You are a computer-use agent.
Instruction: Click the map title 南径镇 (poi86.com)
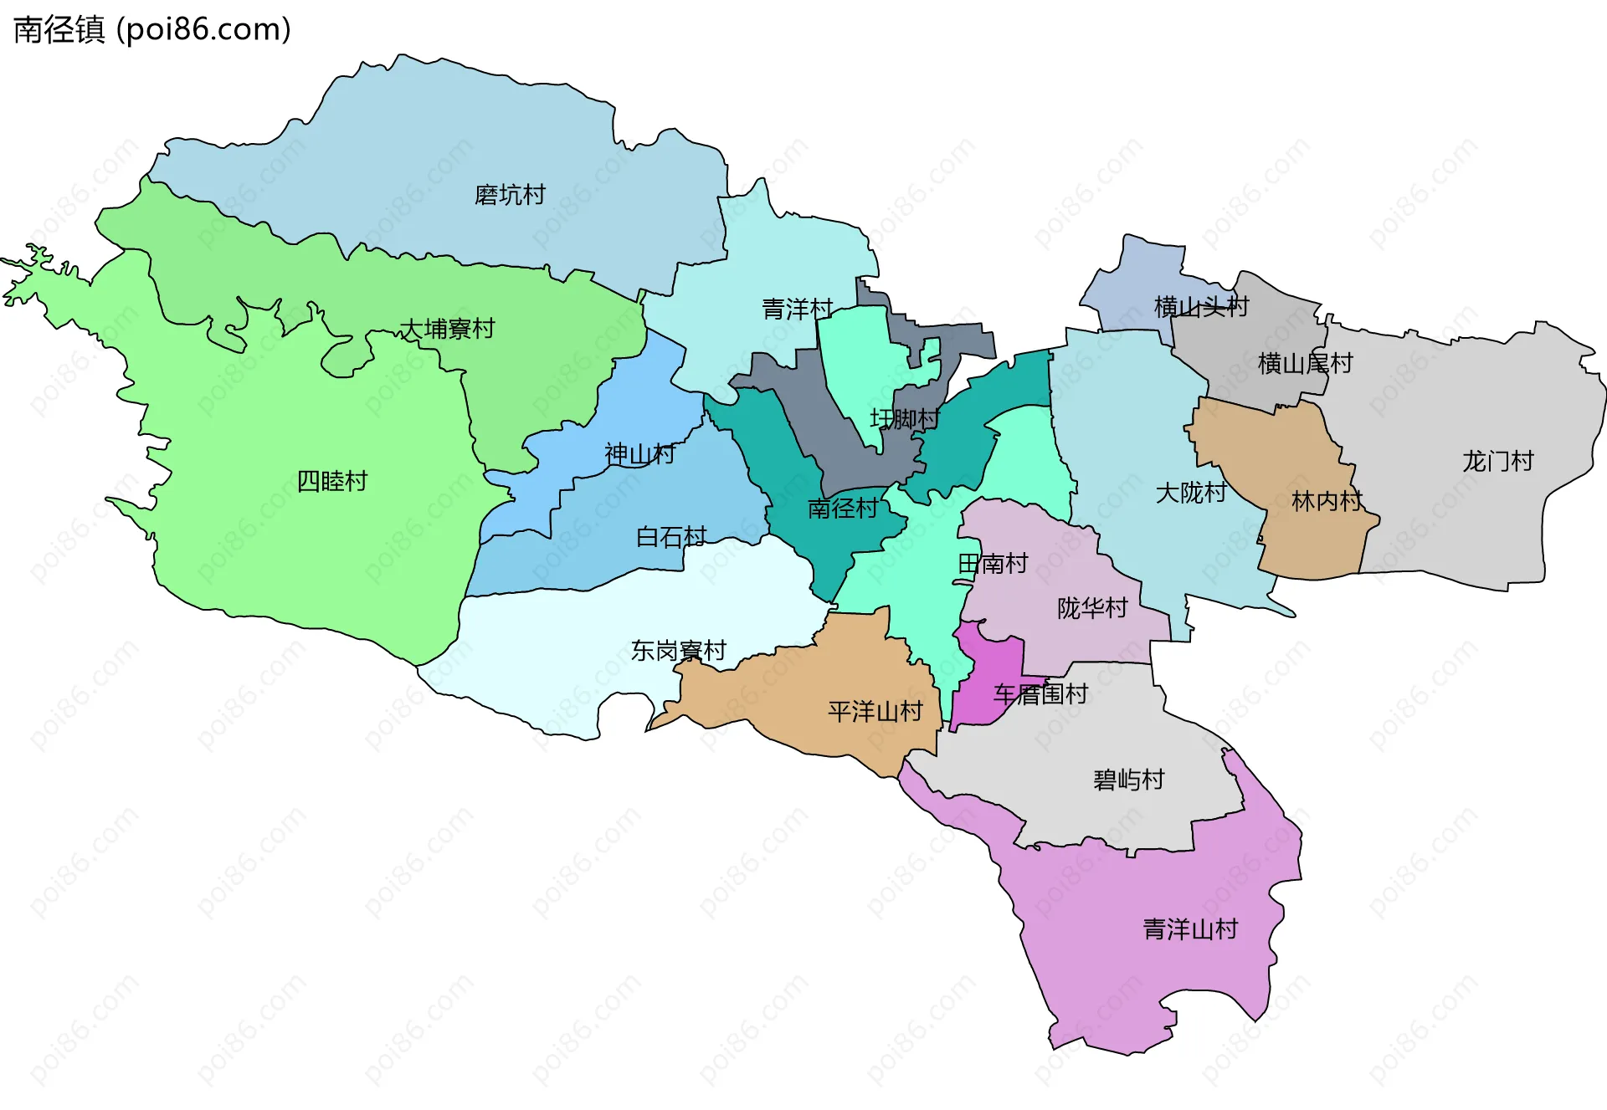pos(152,29)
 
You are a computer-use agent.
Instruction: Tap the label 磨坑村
pos(510,195)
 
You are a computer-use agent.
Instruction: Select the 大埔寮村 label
pos(447,329)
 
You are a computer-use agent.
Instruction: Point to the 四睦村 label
pos(332,481)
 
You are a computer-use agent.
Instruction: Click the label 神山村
pos(639,454)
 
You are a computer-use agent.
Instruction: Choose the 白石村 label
pos(671,536)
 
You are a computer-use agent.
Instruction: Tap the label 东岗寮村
pos(678,650)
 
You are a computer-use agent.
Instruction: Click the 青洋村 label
pos(797,309)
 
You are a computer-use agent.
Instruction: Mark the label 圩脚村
pos(905,418)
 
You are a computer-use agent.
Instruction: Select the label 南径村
pos(843,508)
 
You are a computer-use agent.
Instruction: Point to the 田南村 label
pos(993,563)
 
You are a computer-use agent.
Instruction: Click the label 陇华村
pos(1092,608)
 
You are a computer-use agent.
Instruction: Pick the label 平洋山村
pos(875,711)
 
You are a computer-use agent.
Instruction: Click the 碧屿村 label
pos(1128,780)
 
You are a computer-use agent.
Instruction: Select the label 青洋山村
pos(1190,928)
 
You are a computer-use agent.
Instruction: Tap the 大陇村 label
pos(1190,493)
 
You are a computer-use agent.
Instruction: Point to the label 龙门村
pos(1497,461)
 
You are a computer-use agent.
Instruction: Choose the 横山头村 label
pos(1201,307)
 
